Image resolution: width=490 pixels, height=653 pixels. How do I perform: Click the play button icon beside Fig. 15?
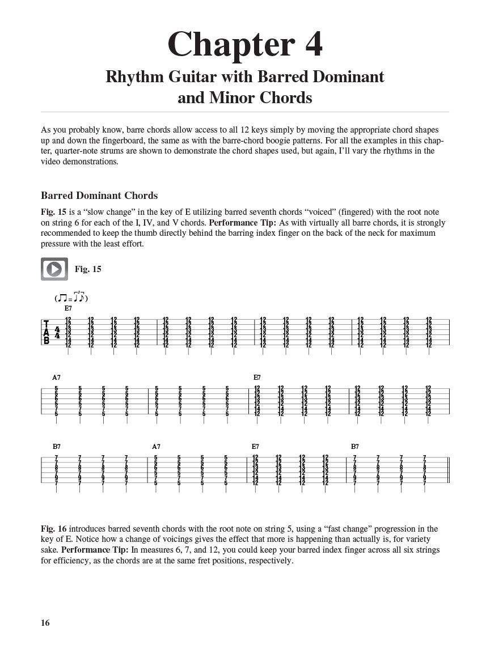coord(54,269)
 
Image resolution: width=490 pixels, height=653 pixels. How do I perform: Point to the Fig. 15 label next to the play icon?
coord(88,269)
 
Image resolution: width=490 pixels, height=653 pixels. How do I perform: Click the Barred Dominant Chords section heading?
coord(99,196)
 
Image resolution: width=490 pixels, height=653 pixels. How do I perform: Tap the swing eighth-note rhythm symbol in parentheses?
coord(71,298)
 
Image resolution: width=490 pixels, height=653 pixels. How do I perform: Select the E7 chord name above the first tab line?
coord(68,308)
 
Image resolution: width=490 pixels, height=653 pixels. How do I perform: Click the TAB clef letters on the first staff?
coord(47,333)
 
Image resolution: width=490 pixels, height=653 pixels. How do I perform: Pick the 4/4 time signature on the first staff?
coord(57,333)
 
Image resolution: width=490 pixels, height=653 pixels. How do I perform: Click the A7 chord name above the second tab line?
coord(56,378)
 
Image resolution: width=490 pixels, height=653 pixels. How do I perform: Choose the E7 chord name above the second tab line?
coord(257,378)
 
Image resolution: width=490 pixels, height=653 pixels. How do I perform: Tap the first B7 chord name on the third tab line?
coord(56,447)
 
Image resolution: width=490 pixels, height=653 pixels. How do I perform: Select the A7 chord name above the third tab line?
coord(156,447)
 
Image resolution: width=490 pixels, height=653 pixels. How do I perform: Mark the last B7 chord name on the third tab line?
coord(355,447)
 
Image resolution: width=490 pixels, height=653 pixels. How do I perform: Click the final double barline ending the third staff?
coord(448,470)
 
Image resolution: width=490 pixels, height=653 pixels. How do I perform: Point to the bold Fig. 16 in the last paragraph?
coord(53,529)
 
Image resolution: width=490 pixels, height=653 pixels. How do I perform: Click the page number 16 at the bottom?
coord(45,623)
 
